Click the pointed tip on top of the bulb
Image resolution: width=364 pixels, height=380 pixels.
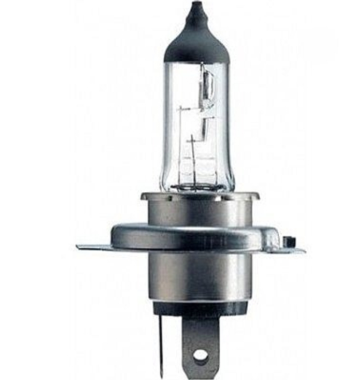194,7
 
